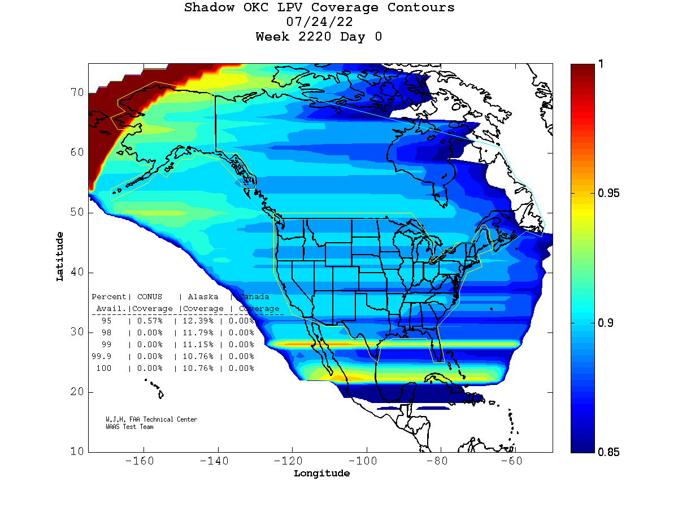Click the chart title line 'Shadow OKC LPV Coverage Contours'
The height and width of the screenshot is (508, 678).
point(319,8)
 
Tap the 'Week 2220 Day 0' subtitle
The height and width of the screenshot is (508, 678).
point(319,37)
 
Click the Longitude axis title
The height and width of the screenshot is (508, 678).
point(321,474)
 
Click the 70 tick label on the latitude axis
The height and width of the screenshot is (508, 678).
point(77,92)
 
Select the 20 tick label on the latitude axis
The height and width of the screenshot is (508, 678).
point(77,392)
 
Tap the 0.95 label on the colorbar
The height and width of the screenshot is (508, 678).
point(609,194)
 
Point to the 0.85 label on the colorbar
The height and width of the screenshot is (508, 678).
point(609,452)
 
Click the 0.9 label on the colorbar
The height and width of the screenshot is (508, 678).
point(606,323)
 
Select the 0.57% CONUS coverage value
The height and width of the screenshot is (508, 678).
point(149,321)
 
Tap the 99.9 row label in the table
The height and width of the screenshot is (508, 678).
point(102,356)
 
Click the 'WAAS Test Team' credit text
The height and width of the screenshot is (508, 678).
point(129,427)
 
